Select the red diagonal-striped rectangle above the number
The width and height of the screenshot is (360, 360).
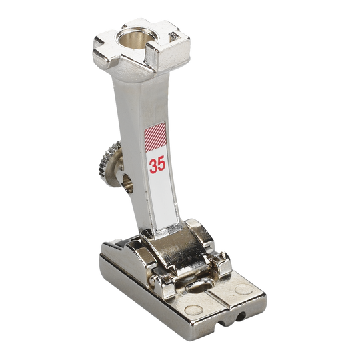point(155,137)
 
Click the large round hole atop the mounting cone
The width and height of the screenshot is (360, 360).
point(133,38)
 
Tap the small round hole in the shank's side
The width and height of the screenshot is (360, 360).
point(127,183)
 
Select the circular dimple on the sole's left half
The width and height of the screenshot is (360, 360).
point(194,311)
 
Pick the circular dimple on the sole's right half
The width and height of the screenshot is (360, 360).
point(243,289)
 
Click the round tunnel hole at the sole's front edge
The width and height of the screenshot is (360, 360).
point(241,317)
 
